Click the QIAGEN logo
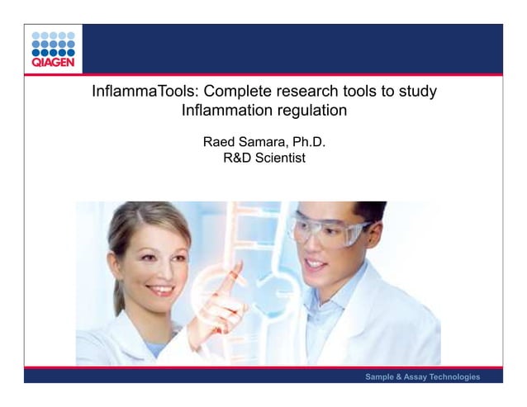point(53,50)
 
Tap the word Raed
point(220,142)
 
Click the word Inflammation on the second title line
point(230,110)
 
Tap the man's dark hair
point(364,210)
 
